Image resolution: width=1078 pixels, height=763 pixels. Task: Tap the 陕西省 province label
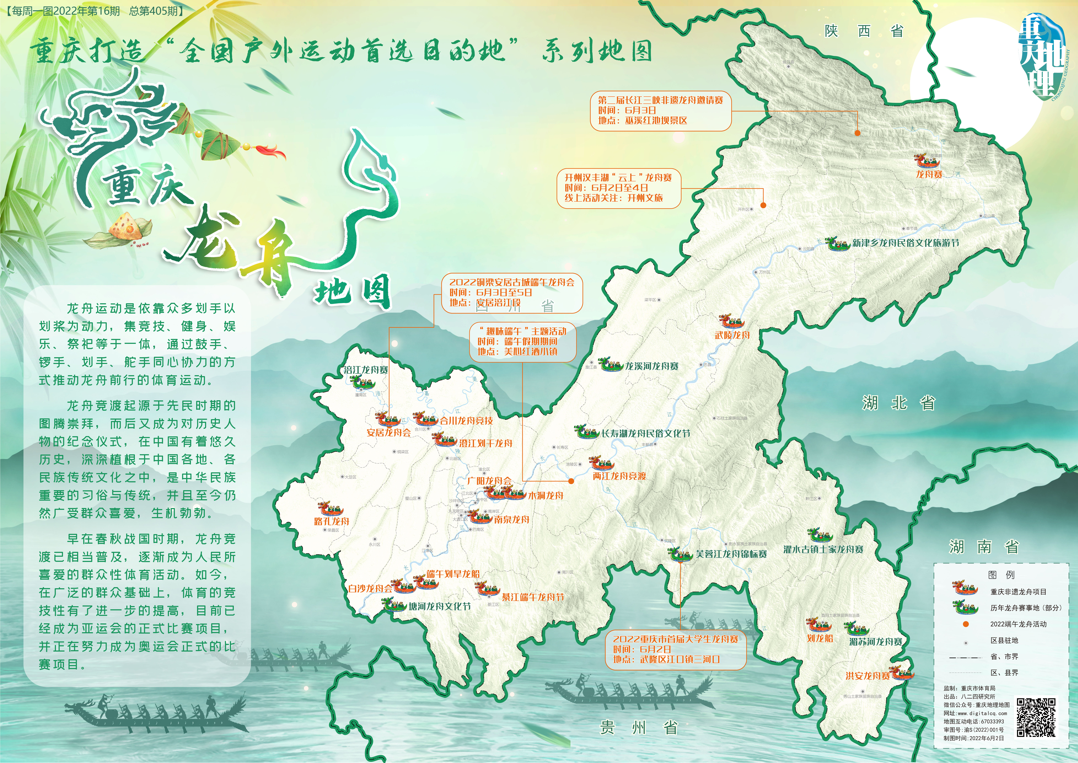tap(864, 31)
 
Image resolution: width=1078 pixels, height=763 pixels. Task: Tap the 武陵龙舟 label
tap(732, 335)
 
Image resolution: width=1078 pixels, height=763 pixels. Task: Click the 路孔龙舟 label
tap(331, 521)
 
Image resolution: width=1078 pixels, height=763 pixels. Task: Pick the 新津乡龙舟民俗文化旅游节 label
tap(905, 243)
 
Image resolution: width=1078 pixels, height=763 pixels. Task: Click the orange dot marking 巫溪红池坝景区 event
tap(857, 133)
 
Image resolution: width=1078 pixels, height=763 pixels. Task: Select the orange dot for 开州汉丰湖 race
tap(763, 205)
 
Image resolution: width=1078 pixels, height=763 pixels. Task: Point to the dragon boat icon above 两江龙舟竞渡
tap(602, 463)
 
